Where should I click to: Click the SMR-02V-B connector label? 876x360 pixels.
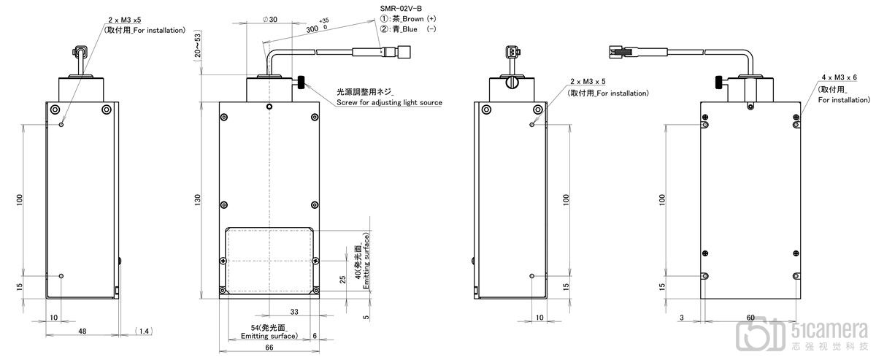401,8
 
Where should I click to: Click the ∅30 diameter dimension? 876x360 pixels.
269,19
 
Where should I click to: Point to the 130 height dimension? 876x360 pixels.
198,199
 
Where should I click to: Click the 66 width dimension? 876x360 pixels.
269,347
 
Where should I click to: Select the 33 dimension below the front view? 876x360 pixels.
294,312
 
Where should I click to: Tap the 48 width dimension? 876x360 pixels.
82,331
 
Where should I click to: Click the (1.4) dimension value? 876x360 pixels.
144,331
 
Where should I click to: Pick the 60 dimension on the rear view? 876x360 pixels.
750,318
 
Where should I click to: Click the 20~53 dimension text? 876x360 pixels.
198,46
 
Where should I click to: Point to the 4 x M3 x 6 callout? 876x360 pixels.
839,77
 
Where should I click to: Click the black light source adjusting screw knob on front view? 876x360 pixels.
301,83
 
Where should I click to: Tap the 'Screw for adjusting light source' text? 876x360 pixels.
389,102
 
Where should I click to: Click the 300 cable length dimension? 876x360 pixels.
312,29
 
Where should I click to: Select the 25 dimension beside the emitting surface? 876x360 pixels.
342,280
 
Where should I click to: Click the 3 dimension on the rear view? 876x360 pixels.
682,318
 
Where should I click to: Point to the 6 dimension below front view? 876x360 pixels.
315,336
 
